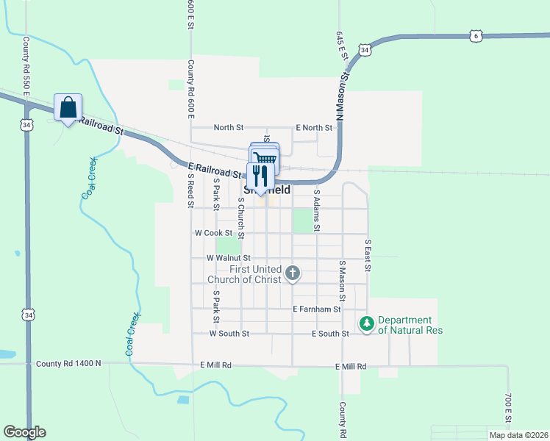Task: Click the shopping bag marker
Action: pos(68,108)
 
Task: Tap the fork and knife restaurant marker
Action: pos(260,177)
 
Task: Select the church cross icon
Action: pos(293,274)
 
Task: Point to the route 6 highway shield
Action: pos(476,35)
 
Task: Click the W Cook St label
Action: pos(213,232)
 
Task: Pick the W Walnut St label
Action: pos(229,258)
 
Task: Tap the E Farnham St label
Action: pos(316,309)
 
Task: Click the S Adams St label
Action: pos(317,211)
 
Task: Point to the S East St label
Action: pos(368,254)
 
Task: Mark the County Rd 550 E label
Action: pos(26,67)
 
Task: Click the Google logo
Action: pos(24,432)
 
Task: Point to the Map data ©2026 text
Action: pos(518,435)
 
